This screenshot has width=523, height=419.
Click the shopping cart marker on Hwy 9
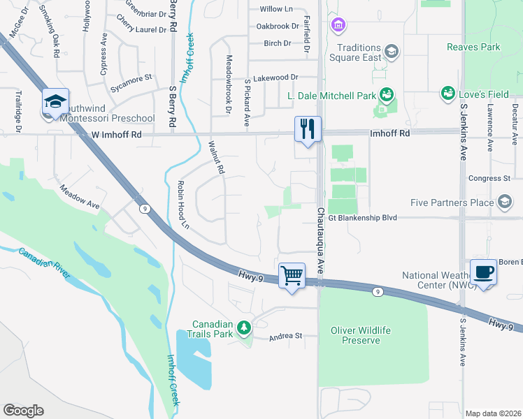tap(292, 274)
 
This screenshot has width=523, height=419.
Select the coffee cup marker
tap(482, 272)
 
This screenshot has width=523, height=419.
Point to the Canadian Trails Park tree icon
tap(243, 328)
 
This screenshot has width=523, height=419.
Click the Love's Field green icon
tap(447, 92)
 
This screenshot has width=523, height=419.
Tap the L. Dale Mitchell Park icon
tap(386, 94)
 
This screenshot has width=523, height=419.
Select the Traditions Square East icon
tap(391, 51)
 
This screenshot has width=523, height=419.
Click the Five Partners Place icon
tap(504, 203)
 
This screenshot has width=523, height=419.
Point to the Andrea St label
tap(286, 336)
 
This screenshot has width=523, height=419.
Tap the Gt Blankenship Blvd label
tap(362, 218)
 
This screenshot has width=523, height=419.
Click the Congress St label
tap(489, 179)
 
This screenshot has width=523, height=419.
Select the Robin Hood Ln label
tap(184, 205)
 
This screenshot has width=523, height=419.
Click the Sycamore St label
tap(131, 78)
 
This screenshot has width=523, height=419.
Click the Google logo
tap(23, 411)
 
